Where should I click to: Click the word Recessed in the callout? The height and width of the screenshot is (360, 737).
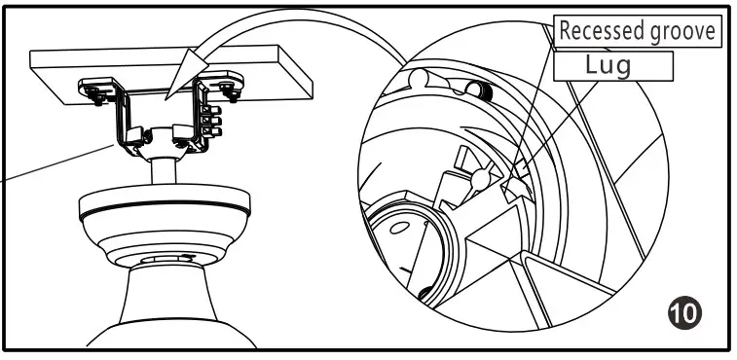595,30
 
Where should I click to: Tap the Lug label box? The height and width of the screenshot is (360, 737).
612,65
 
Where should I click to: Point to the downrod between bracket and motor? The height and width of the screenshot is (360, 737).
163,175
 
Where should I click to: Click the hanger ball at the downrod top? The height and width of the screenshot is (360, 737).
163,139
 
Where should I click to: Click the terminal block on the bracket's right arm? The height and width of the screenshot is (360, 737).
211,122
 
